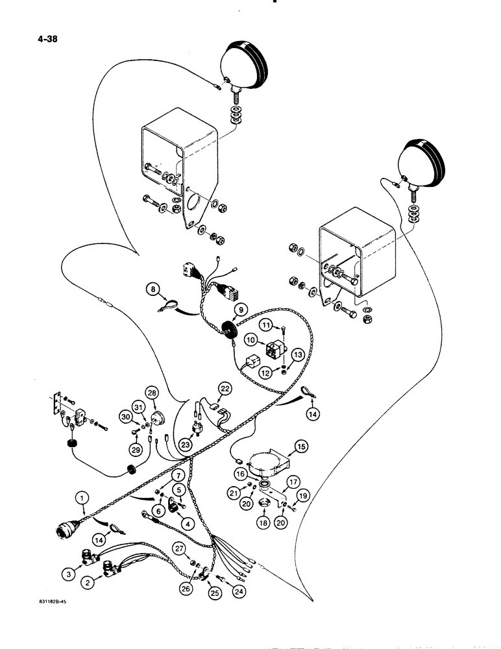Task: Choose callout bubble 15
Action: [300, 446]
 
